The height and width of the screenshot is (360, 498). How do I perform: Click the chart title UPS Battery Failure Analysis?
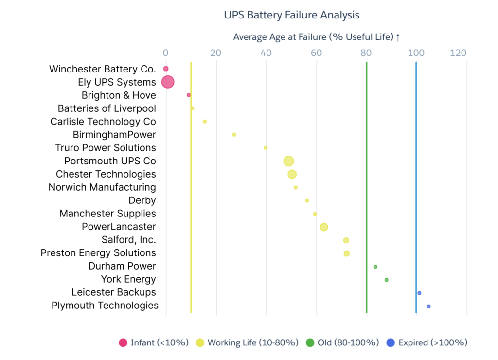pos(291,15)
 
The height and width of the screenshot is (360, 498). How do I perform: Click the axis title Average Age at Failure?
pos(316,37)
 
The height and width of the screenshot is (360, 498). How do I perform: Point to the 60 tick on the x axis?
pos(316,53)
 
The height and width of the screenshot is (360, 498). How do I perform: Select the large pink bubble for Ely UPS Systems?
pos(167,82)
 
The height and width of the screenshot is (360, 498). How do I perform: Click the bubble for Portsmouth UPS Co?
pos(289,161)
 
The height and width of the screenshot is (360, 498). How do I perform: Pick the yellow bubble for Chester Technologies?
pos(292,174)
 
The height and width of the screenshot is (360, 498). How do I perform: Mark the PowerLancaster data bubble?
pos(324,227)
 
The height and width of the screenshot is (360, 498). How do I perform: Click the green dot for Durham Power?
pos(375,267)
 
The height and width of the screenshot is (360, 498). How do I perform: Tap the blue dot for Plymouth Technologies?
pos(428,306)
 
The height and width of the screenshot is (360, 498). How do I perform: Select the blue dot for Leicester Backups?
pos(419,293)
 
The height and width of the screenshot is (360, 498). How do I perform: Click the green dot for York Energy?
pos(387,280)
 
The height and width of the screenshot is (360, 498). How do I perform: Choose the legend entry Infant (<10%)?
pos(154,342)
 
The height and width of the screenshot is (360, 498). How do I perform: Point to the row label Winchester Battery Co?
pos(102,69)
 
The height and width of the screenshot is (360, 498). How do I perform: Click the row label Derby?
pos(142,200)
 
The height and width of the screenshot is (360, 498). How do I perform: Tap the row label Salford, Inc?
pos(128,240)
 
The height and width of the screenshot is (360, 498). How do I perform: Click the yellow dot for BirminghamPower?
pos(234,134)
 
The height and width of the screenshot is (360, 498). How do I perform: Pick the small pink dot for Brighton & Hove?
pos(189,95)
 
